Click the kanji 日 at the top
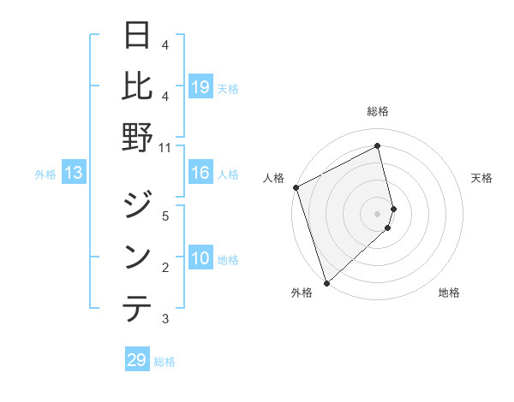pos(137,36)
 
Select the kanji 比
pos(137,86)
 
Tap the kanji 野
pos(137,137)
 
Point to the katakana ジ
pos(137,207)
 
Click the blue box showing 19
pos(200,86)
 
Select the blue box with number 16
pos(200,174)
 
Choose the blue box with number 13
pos(74,174)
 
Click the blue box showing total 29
pos(137,360)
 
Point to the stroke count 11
pos(165,147)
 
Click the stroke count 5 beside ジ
pos(165,216)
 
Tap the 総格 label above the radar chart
pos(378,111)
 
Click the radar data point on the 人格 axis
pos(296,187)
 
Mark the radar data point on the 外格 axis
pos(326,282)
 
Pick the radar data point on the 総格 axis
pos(378,146)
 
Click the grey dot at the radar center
pos(378,213)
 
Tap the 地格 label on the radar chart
pos(449,293)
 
